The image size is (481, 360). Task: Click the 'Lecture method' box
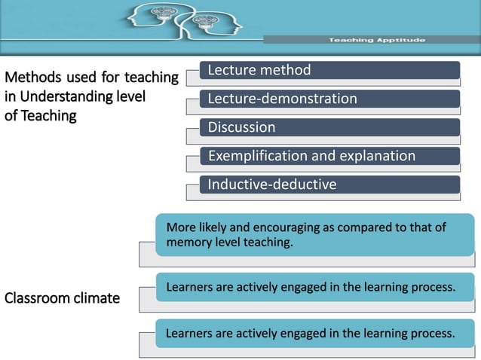329,71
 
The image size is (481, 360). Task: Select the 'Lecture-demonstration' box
329,99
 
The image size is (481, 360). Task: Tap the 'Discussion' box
329,127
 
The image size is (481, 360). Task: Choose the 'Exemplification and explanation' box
329,156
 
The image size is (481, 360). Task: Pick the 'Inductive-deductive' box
329,185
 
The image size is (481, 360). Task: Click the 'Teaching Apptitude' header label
377,39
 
